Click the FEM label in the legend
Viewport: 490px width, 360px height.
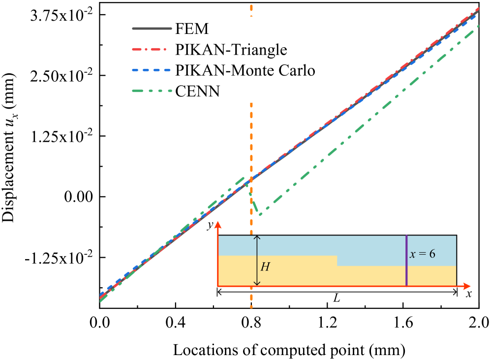[192, 29]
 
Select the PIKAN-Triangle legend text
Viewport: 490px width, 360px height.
[231, 50]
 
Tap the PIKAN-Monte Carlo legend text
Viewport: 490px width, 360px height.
[245, 70]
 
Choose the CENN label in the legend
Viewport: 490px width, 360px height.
[197, 91]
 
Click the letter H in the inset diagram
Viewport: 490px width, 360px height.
[265, 267]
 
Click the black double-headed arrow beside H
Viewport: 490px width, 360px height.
[256, 261]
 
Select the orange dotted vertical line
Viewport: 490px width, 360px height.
[251, 148]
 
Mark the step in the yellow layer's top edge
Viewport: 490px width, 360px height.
[337, 261]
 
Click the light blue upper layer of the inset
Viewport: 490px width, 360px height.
[305, 245]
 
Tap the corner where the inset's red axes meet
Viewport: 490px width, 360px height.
[218, 286]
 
